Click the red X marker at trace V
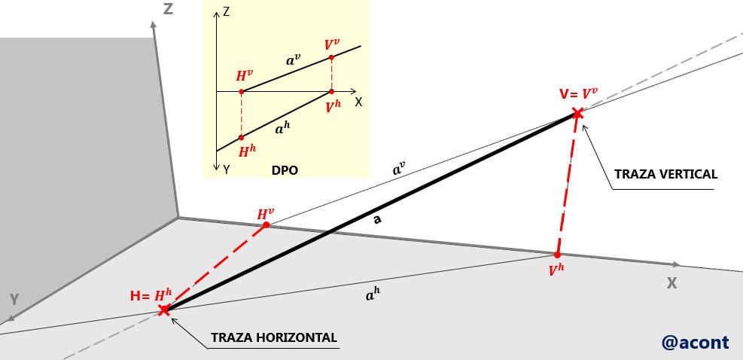577,113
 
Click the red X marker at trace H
164,310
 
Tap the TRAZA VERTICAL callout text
665,174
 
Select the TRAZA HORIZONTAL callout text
274,337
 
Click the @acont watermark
695,342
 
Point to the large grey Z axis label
168,8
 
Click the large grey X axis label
671,283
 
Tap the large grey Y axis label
15,300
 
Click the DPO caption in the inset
285,170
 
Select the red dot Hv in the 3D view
266,225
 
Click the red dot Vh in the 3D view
557,255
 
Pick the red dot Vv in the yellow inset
331,57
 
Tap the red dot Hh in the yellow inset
241,138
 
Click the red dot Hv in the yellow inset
241,91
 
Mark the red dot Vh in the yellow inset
331,91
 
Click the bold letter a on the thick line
377,220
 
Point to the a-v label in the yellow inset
294,59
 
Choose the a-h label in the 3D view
373,295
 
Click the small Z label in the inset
226,12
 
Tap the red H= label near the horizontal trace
137,297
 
